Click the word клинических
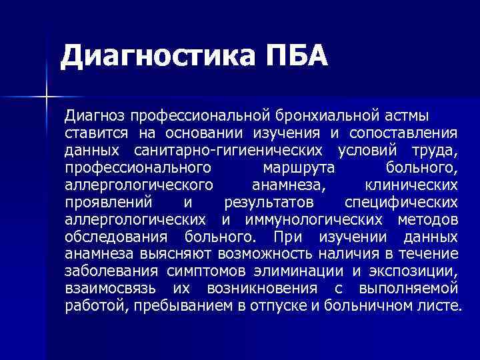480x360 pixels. point(412,184)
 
